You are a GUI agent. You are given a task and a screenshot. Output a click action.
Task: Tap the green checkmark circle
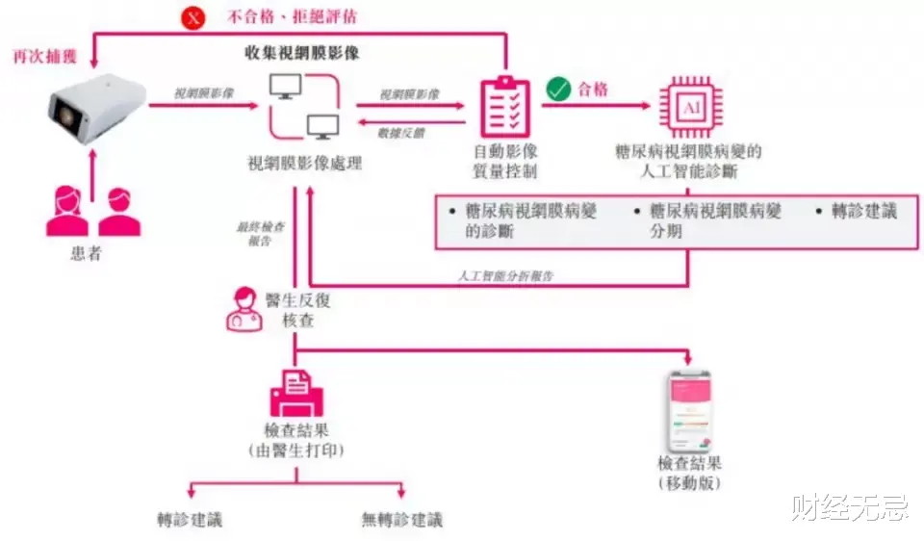tap(558, 90)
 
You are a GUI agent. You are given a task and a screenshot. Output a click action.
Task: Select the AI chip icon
tap(690, 107)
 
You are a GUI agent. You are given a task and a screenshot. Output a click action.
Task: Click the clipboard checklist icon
tap(504, 107)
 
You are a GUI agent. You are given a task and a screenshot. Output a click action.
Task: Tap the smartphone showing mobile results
tap(690, 411)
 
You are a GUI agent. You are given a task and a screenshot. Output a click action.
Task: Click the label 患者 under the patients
tap(87, 254)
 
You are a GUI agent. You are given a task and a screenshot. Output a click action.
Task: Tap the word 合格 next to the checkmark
tap(593, 90)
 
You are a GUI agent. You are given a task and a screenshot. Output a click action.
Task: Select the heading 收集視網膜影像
tap(303, 54)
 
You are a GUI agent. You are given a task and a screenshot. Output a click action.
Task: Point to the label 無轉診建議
tap(402, 520)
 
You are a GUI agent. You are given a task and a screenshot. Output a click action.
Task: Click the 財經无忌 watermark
tap(849, 508)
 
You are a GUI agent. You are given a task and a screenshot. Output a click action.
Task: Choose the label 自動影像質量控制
tap(505, 162)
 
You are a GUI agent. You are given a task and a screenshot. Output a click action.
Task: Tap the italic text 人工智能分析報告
tap(505, 275)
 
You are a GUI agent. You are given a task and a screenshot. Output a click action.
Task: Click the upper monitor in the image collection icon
tap(286, 88)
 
